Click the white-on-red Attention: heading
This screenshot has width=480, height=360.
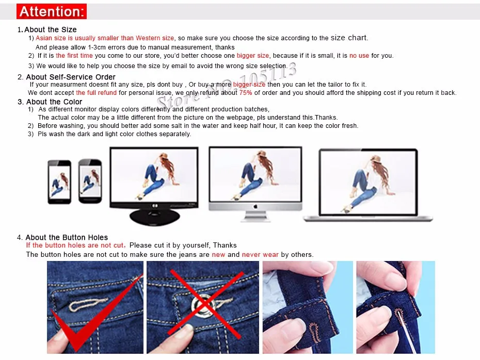[x=51, y=11]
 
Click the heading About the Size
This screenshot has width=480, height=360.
[x=50, y=29]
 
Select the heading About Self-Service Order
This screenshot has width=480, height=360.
[x=71, y=77]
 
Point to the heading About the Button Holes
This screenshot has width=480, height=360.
[x=67, y=237]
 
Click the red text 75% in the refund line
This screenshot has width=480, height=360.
[x=246, y=93]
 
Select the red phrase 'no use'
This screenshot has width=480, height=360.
[x=359, y=56]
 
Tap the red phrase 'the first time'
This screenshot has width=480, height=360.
[x=74, y=56]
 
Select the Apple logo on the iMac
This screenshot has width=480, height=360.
[x=254, y=206]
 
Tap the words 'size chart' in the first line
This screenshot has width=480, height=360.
[x=349, y=38]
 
